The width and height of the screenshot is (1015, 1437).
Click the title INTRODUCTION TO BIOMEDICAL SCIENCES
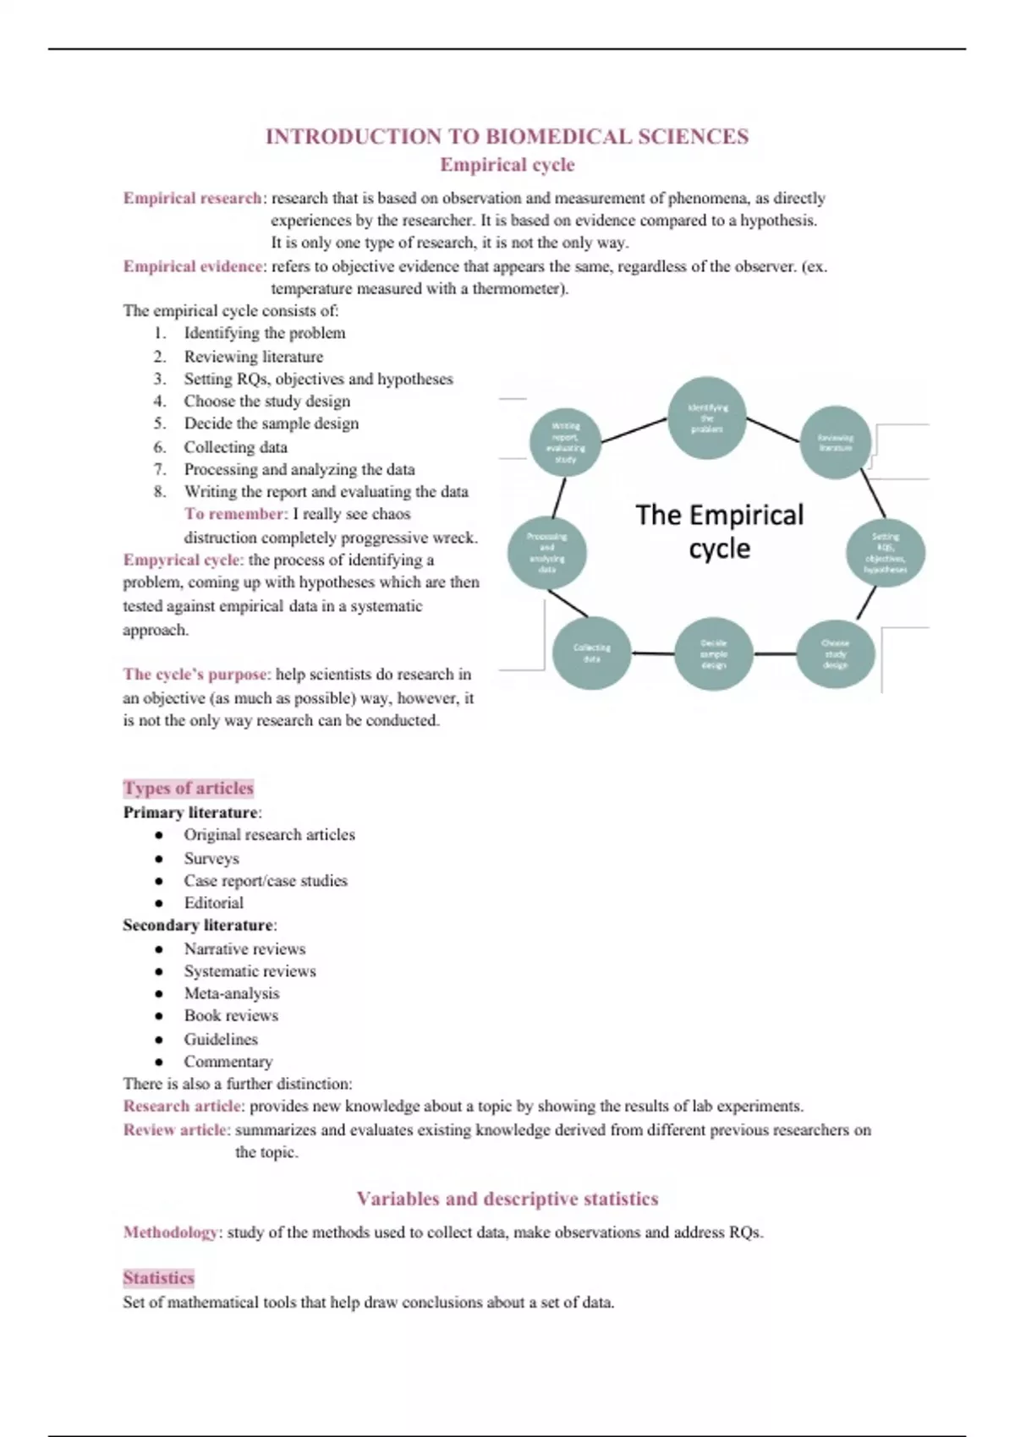tap(507, 137)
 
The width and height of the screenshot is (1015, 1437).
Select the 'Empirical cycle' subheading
tap(507, 165)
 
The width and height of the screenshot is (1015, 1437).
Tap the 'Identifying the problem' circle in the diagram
tap(707, 418)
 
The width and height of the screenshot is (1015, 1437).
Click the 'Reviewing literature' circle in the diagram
tap(836, 442)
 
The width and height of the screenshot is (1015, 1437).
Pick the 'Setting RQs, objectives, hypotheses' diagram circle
tap(886, 553)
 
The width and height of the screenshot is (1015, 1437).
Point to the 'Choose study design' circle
tap(836, 654)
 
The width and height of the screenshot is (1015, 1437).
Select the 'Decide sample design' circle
tap(713, 654)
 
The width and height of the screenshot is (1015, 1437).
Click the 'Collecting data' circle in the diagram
tap(592, 653)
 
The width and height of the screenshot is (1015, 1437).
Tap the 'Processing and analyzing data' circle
tap(547, 553)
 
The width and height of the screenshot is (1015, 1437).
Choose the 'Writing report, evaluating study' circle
tap(566, 442)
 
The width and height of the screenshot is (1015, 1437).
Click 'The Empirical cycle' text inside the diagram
tap(719, 531)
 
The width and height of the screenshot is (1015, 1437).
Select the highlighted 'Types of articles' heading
tap(189, 788)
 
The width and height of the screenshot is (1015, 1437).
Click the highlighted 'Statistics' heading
tap(158, 1277)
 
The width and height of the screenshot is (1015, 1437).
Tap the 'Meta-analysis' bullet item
tap(231, 993)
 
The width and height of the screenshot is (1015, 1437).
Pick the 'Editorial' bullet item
tap(214, 903)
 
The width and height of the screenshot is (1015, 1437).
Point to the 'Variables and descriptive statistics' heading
tap(507, 1199)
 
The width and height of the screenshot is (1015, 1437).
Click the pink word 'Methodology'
tap(171, 1232)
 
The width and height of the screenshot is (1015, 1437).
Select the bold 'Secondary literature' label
tap(198, 926)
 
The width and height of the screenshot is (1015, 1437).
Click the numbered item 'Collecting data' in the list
tap(236, 447)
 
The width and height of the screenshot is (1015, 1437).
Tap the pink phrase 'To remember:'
tap(236, 514)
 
